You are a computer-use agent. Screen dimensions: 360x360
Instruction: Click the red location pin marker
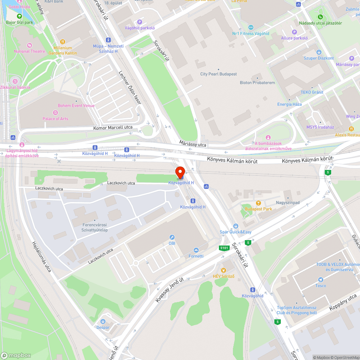(180, 172)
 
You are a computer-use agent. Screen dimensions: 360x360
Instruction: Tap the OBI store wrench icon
(172, 237)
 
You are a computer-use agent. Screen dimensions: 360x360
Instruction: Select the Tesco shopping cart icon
(320, 280)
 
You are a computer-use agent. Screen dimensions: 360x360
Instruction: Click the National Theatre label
(30, 51)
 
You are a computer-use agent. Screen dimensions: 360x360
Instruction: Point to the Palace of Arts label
(55, 118)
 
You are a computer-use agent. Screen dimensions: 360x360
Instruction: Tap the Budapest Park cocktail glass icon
(258, 203)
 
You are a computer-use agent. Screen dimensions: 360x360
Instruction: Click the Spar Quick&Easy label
(236, 232)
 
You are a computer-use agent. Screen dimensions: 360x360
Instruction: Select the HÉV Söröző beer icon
(224, 270)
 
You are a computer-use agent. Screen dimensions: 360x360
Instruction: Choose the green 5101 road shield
(224, 248)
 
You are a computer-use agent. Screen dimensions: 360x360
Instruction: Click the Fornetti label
(196, 256)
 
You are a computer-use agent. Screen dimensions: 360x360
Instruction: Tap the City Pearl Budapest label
(219, 74)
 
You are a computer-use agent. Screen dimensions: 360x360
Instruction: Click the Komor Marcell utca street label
(113, 127)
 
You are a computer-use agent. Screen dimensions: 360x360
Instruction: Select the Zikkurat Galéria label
(15, 87)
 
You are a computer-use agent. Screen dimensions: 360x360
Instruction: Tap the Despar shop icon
(103, 321)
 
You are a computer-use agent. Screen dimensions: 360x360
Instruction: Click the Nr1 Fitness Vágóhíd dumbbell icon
(251, 27)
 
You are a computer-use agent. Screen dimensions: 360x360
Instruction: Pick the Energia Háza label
(289, 104)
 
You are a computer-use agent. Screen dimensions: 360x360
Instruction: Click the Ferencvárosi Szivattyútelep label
(95, 227)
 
